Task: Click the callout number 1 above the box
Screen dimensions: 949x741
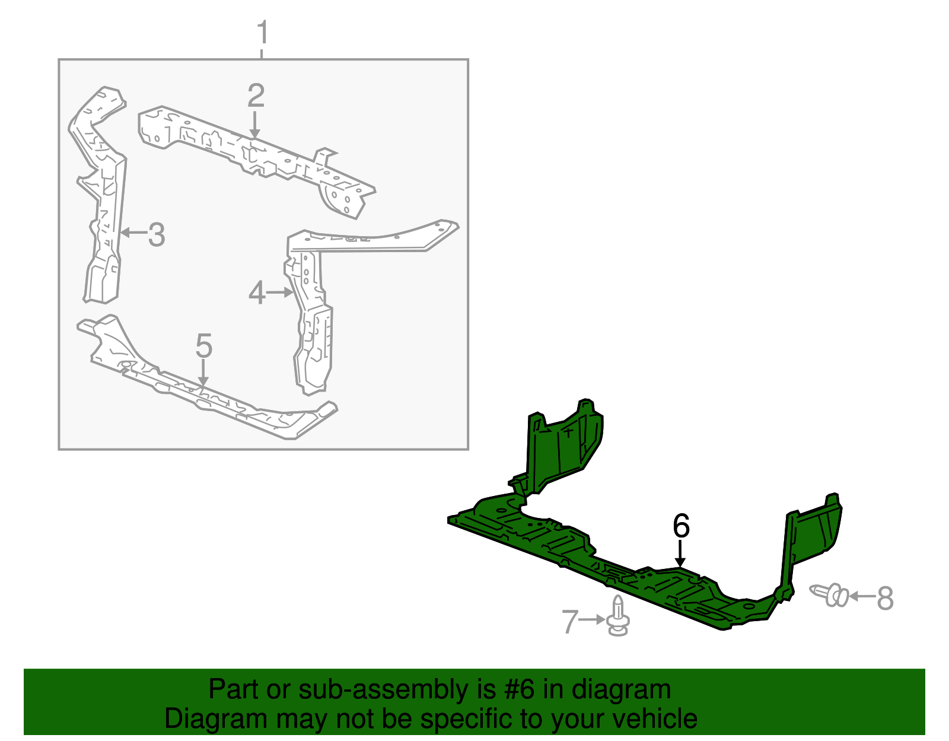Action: (x=262, y=32)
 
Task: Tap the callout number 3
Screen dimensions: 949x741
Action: (x=157, y=235)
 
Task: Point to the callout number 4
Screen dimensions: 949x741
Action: (x=257, y=293)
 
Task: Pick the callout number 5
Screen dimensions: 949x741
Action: (x=204, y=346)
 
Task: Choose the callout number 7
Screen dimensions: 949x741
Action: (x=570, y=622)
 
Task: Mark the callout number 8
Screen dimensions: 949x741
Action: (x=885, y=598)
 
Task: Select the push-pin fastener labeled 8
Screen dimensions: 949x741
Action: (x=829, y=595)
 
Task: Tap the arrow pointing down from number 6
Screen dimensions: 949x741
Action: (x=680, y=554)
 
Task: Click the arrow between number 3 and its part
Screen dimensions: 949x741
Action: (x=133, y=233)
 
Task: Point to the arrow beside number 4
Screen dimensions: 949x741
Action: (x=279, y=292)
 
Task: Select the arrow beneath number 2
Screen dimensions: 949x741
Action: (x=255, y=125)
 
